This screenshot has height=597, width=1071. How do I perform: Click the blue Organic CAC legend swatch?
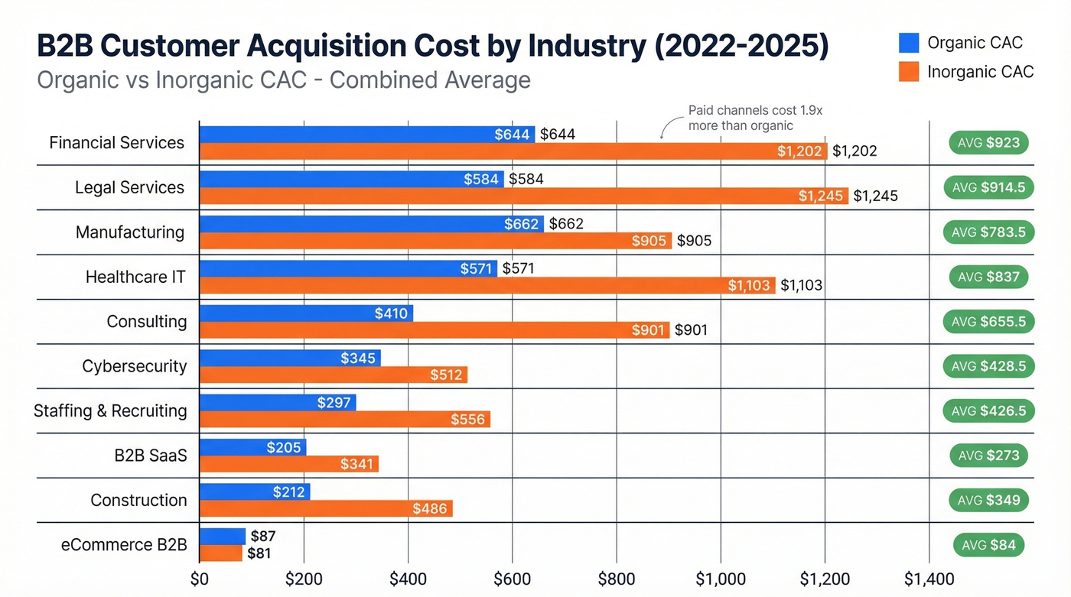pyautogui.click(x=909, y=43)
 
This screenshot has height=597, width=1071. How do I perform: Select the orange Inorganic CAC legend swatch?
pyautogui.click(x=909, y=72)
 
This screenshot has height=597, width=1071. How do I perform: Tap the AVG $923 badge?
pyautogui.click(x=988, y=143)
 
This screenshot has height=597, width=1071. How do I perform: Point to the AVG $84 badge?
pyautogui.click(x=988, y=545)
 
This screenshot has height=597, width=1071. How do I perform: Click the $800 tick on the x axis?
pyautogui.click(x=616, y=579)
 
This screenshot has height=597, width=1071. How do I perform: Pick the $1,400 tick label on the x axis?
pyautogui.click(x=929, y=579)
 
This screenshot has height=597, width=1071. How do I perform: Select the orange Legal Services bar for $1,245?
pyautogui.click(x=523, y=196)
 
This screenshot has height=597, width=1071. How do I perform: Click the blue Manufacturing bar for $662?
pyautogui.click(x=371, y=224)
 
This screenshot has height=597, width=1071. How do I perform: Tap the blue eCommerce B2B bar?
pyautogui.click(x=222, y=537)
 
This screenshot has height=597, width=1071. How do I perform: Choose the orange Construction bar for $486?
pyautogui.click(x=325, y=508)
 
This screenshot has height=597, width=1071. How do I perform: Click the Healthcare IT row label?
pyautogui.click(x=135, y=277)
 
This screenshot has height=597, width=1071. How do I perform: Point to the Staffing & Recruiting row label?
pyautogui.click(x=110, y=411)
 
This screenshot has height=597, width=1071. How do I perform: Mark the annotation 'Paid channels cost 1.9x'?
pyautogui.click(x=755, y=111)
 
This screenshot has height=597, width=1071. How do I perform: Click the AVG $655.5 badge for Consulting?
pyautogui.click(x=988, y=322)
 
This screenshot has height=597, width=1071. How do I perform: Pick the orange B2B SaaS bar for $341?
pyautogui.click(x=288, y=464)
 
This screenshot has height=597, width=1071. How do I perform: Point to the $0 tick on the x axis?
pyautogui.click(x=200, y=579)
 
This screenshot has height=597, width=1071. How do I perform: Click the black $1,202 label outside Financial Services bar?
pyautogui.click(x=855, y=151)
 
